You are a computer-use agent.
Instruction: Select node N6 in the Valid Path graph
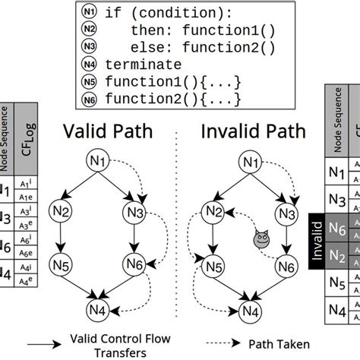pyautogui.click(x=134, y=265)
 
